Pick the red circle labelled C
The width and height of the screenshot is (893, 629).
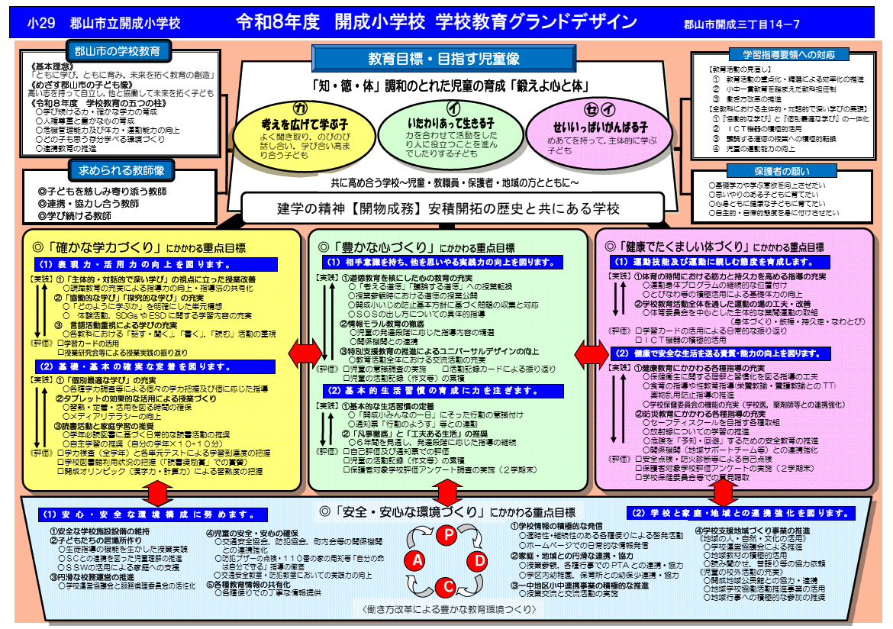[446, 586]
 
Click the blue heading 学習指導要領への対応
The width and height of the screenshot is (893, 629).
[789, 54]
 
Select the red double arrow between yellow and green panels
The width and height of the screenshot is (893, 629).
[305, 352]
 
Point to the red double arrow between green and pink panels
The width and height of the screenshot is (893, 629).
[591, 352]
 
